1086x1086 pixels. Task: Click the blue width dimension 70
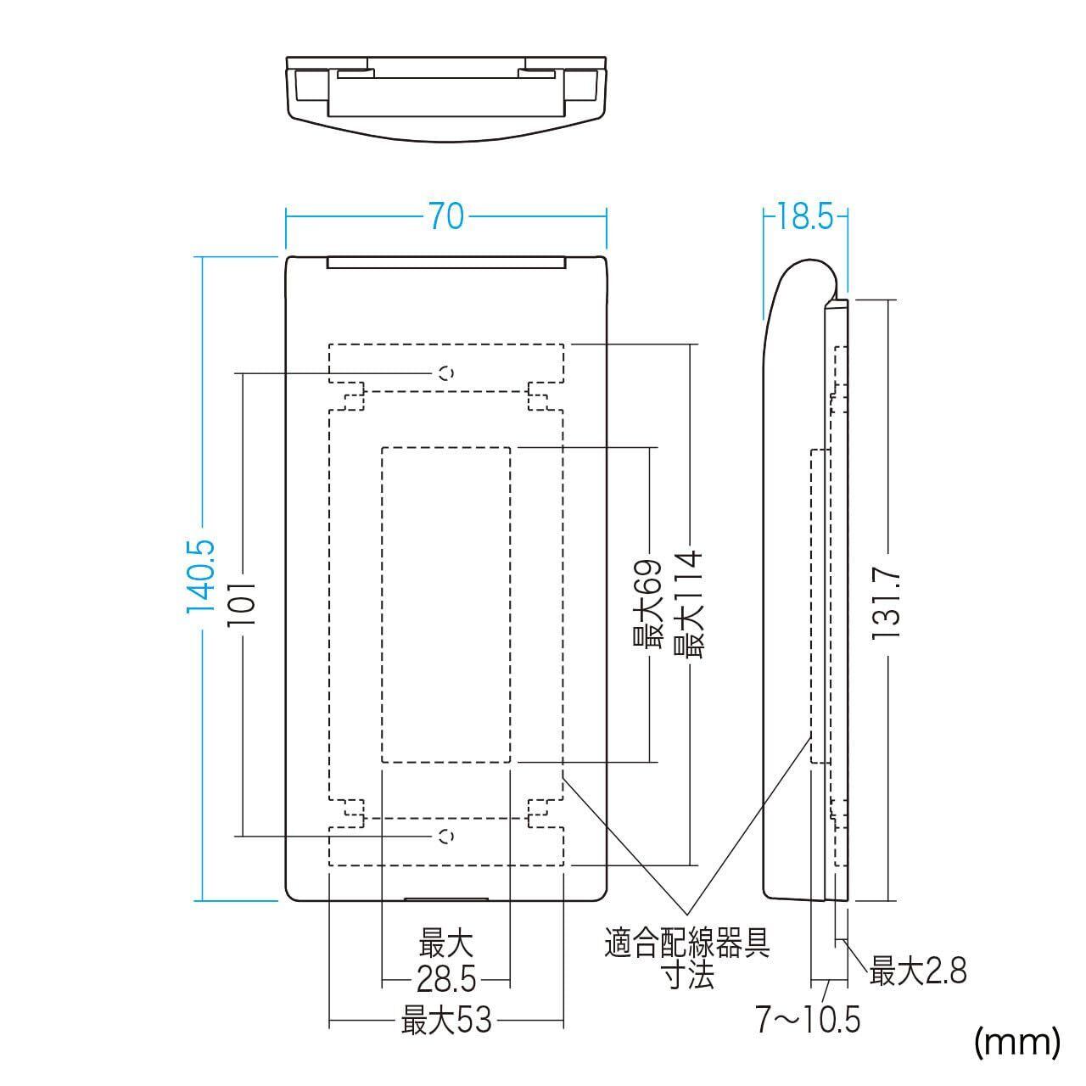pos(445,217)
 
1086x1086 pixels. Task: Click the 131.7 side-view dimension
pos(887,603)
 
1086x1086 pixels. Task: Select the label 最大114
pos(688,603)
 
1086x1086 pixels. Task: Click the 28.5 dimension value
pos(445,982)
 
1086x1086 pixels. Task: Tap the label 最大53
pos(446,1020)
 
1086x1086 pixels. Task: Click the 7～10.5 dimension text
pos(809,1020)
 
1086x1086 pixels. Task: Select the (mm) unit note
pos(1017,1041)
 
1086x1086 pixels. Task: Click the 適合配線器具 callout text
pos(687,943)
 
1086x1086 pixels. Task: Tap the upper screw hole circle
pos(446,372)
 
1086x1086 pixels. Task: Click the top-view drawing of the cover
pos(447,98)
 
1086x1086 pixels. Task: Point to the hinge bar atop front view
pos(446,262)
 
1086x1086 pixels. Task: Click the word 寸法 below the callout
pos(688,976)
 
